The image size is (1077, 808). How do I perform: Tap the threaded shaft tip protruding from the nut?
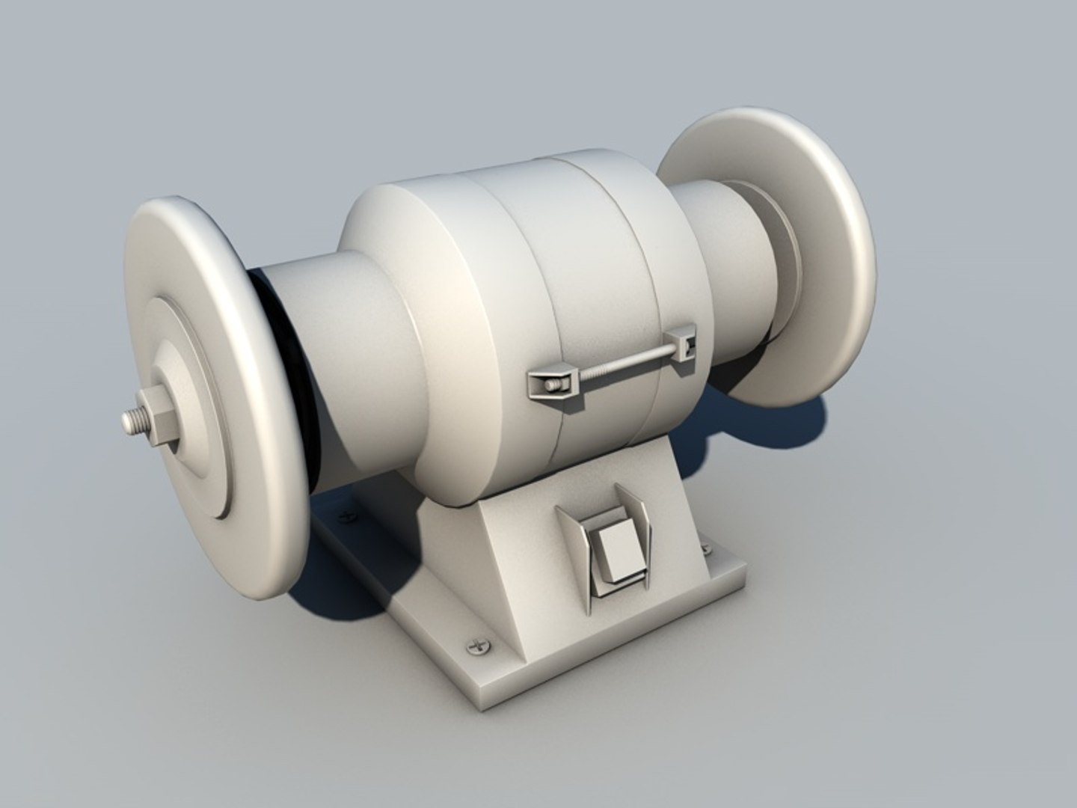click(132, 422)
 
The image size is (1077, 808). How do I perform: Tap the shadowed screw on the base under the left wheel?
click(346, 515)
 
